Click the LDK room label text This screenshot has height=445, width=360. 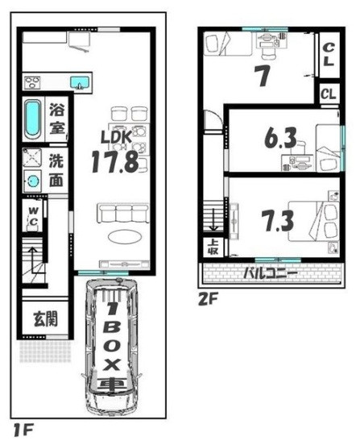click(x=117, y=137)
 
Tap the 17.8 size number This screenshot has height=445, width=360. click(x=115, y=162)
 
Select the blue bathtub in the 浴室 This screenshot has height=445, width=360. click(x=32, y=119)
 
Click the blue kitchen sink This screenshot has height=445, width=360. click(x=80, y=82)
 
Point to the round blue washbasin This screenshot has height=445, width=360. click(x=32, y=181)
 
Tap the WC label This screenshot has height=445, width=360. click(x=34, y=216)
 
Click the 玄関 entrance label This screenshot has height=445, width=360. click(x=45, y=318)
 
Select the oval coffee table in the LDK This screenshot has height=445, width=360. click(x=125, y=236)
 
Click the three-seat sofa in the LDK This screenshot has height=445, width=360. click(x=123, y=213)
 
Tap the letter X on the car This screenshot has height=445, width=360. click(x=111, y=364)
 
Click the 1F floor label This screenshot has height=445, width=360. click(x=23, y=430)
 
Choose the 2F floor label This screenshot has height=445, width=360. click(x=208, y=299)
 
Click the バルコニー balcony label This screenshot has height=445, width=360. click(x=271, y=273)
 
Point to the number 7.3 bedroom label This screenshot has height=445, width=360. click(x=278, y=221)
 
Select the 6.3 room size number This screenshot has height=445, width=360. click(x=280, y=138)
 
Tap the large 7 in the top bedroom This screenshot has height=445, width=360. click(x=263, y=76)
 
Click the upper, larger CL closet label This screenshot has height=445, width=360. click(x=329, y=55)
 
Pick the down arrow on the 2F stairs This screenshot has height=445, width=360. click(x=213, y=220)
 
